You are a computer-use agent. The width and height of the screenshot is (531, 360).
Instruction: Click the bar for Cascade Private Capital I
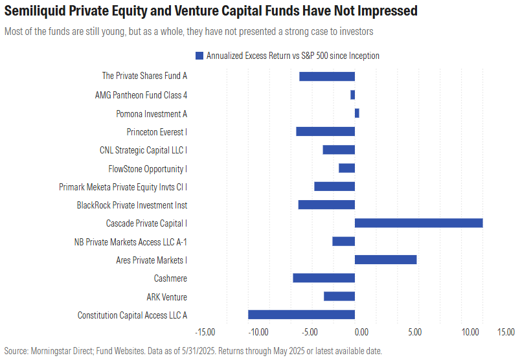418,223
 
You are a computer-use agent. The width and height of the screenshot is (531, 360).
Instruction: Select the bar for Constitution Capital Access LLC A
301,315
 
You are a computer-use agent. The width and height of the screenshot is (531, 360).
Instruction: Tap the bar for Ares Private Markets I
385,260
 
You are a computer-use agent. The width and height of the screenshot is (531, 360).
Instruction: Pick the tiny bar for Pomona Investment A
357,113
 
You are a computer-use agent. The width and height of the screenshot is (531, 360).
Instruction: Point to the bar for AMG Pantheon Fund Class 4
352,95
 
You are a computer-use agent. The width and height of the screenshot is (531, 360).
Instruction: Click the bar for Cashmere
324,278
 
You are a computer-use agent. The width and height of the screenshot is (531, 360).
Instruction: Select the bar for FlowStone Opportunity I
346,168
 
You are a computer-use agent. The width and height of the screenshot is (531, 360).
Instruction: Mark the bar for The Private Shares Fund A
327,76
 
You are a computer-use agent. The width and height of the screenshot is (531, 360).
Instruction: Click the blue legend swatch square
199,56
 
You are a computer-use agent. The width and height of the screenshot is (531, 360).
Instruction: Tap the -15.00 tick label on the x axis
205,332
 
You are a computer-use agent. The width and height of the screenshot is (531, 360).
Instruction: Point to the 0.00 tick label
361,332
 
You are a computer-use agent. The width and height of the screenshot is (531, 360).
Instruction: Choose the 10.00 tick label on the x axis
469,332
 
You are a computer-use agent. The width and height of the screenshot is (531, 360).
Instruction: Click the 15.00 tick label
506,332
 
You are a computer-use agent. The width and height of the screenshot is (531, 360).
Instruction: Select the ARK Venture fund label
166,297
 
